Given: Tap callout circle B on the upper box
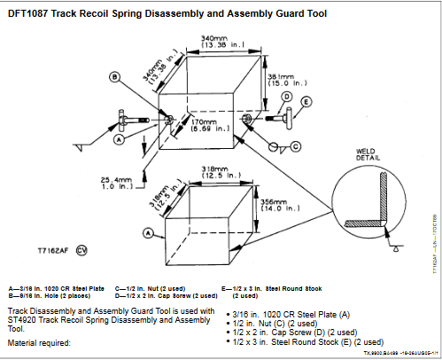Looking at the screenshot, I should point(115,77).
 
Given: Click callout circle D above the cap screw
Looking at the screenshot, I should point(287,96).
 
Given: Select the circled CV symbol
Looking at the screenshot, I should point(81,251).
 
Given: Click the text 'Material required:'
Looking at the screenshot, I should point(41,341).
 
